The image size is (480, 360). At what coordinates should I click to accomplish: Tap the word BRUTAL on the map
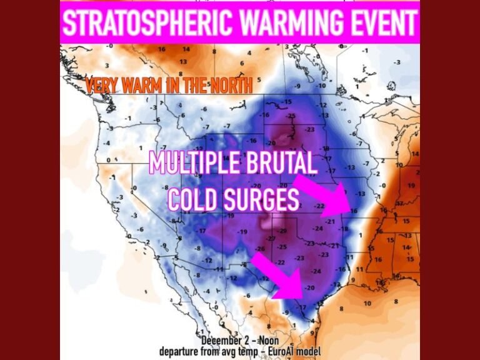click(281, 164)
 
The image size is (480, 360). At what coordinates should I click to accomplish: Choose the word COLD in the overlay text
click(192, 199)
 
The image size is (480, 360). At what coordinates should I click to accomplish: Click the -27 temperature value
click(270, 239)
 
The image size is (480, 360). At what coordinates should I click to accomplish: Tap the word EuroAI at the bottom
click(284, 351)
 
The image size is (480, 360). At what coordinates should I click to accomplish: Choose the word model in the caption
click(312, 351)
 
